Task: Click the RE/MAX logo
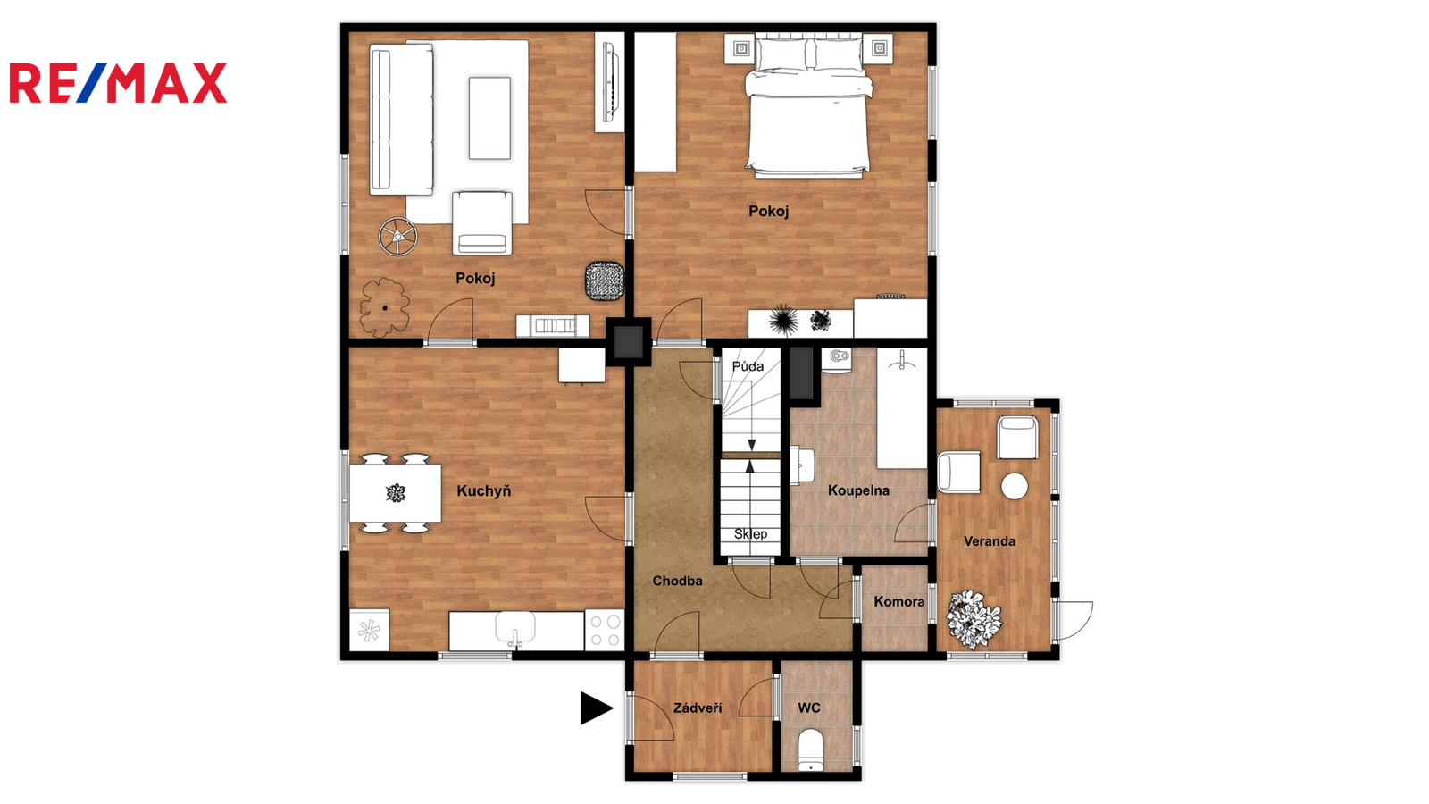pyautogui.click(x=118, y=83)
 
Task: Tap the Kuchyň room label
pyautogui.click(x=483, y=490)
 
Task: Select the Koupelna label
pyautogui.click(x=858, y=490)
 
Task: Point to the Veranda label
pyautogui.click(x=990, y=541)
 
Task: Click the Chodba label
pyautogui.click(x=677, y=581)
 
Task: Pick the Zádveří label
pyautogui.click(x=698, y=708)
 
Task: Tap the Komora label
pyautogui.click(x=898, y=601)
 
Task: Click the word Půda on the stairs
pyautogui.click(x=748, y=366)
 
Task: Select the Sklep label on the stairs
pyautogui.click(x=750, y=533)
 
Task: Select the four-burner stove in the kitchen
pyautogui.click(x=604, y=631)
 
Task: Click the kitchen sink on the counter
pyautogui.click(x=515, y=628)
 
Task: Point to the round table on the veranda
pyautogui.click(x=1015, y=486)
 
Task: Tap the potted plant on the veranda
pyautogui.click(x=973, y=620)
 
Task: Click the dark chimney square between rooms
pyautogui.click(x=629, y=341)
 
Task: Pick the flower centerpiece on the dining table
pyautogui.click(x=396, y=493)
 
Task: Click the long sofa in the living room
pyautogui.click(x=401, y=120)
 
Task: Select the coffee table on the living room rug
pyautogui.click(x=490, y=118)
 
